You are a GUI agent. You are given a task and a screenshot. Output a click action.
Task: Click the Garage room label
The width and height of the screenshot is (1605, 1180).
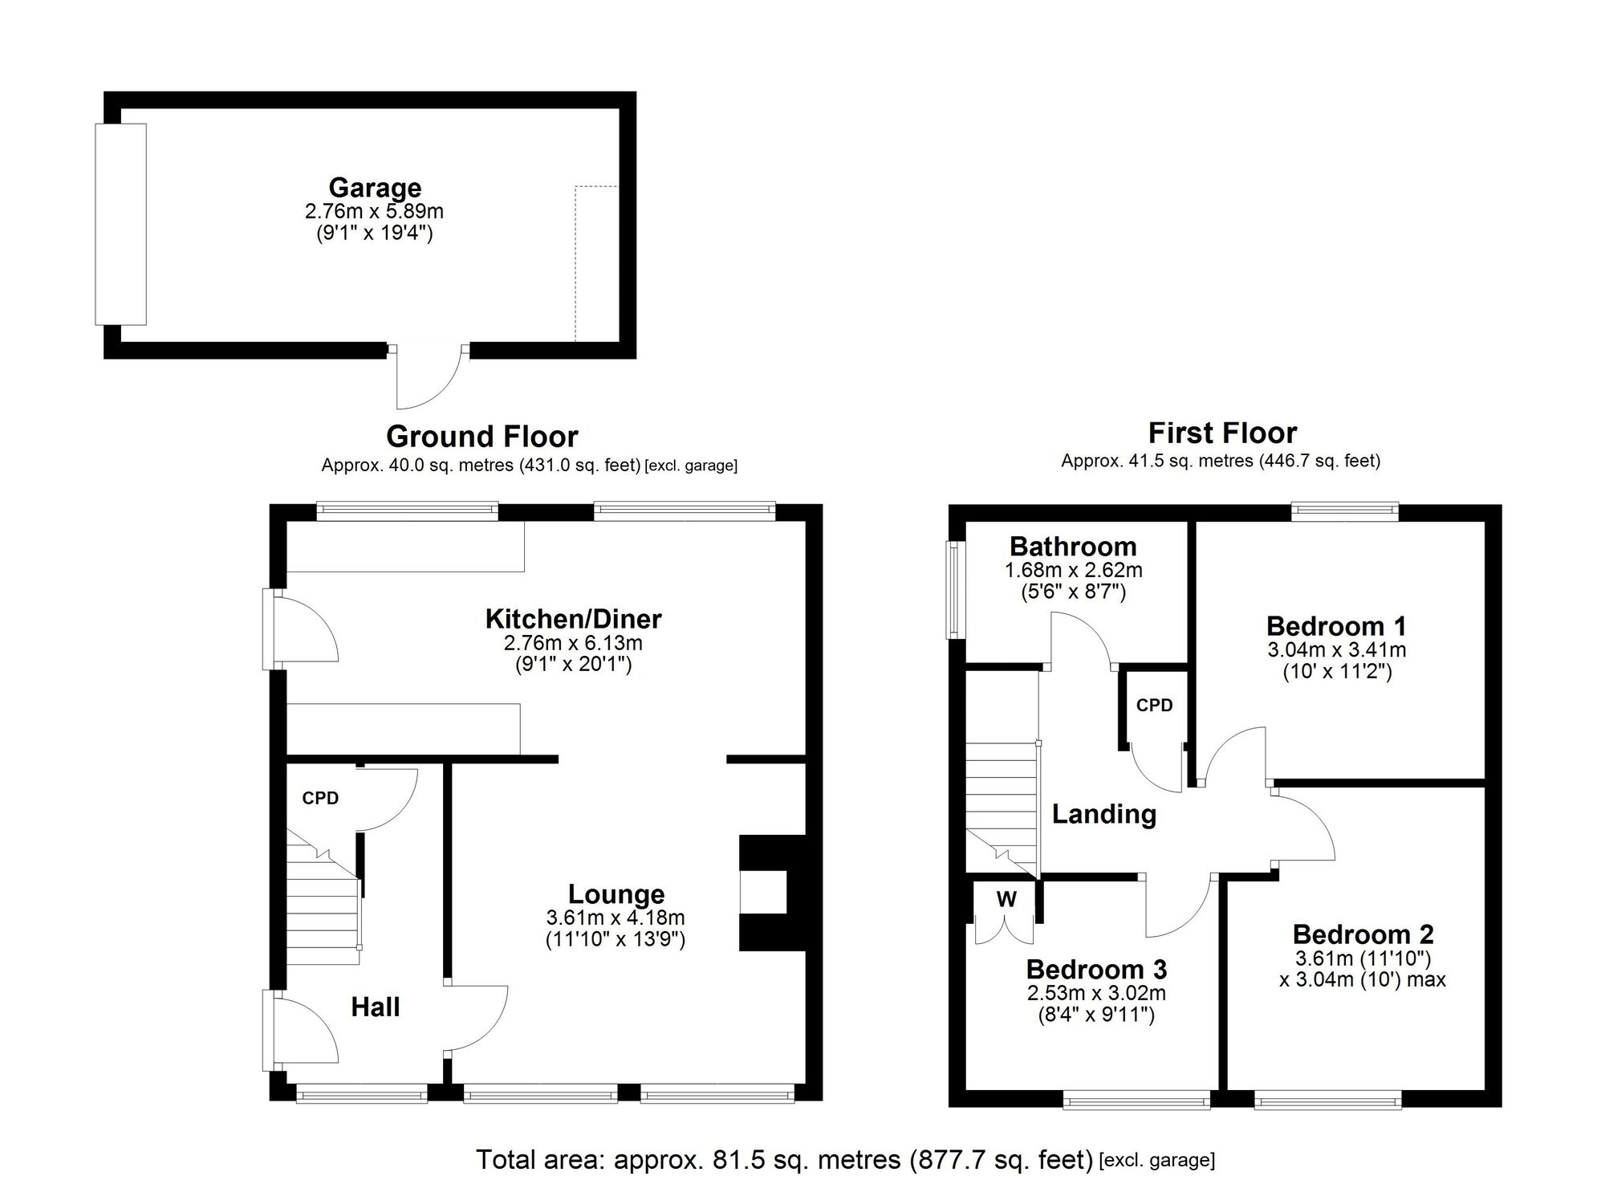pyautogui.click(x=375, y=188)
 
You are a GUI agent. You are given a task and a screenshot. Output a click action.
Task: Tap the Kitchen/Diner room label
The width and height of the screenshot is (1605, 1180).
pyautogui.click(x=573, y=619)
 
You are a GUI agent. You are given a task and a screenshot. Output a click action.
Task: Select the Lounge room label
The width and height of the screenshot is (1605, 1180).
pyautogui.click(x=616, y=894)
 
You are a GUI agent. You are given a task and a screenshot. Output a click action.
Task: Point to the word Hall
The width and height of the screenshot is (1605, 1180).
pyautogui.click(x=375, y=1007)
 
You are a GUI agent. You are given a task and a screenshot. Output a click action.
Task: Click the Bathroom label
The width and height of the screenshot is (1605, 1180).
pyautogui.click(x=1073, y=547)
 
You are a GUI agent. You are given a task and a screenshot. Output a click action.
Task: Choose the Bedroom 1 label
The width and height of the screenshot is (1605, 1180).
pyautogui.click(x=1336, y=626)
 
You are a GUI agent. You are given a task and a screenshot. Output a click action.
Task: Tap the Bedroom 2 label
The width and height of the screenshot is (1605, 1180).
pyautogui.click(x=1363, y=934)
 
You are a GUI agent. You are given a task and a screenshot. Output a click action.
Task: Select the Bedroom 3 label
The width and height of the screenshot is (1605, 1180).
pyautogui.click(x=1096, y=970)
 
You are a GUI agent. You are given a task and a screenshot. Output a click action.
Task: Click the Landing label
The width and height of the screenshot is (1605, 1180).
pyautogui.click(x=1104, y=814)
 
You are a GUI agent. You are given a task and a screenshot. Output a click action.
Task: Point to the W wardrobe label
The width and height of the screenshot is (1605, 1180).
pyautogui.click(x=1006, y=899)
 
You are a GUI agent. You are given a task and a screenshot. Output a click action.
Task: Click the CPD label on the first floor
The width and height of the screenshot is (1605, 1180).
pyautogui.click(x=1154, y=705)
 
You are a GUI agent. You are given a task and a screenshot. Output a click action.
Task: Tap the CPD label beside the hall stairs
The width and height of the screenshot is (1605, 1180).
pyautogui.click(x=320, y=798)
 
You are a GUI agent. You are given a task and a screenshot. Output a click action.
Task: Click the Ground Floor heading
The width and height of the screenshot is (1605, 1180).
pyautogui.click(x=482, y=437)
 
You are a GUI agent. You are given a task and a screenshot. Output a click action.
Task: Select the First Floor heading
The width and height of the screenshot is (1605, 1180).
pyautogui.click(x=1222, y=433)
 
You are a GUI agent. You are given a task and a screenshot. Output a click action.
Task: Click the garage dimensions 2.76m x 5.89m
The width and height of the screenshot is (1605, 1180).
pyautogui.click(x=374, y=212)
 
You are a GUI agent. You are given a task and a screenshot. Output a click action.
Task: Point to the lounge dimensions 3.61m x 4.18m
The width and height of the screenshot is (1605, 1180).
pyautogui.click(x=616, y=918)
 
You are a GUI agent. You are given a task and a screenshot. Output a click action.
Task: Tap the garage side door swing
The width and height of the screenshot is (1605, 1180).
pyautogui.click(x=429, y=377)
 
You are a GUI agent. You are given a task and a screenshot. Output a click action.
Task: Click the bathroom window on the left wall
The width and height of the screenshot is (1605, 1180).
pyautogui.click(x=954, y=590)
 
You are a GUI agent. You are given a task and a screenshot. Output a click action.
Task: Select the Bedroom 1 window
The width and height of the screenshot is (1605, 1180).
pyautogui.click(x=1345, y=511)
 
